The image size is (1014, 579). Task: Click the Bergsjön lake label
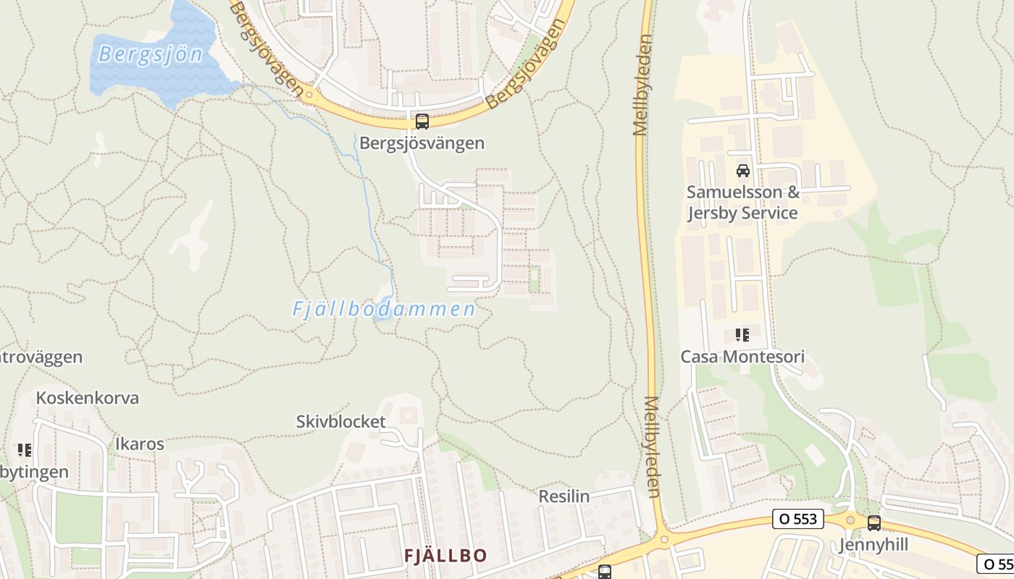(151, 54)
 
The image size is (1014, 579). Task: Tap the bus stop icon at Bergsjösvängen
(422, 122)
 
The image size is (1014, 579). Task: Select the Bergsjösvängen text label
(422, 143)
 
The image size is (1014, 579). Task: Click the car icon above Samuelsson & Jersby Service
(742, 171)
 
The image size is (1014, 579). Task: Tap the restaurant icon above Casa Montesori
(742, 335)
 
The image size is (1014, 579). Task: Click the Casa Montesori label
(742, 357)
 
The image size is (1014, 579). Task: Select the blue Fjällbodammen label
(383, 310)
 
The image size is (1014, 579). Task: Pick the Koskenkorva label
(88, 398)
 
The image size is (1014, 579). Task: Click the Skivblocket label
(341, 421)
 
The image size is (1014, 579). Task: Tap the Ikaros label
(140, 444)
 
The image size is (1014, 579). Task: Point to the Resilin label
(564, 496)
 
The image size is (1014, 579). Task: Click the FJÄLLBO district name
(445, 556)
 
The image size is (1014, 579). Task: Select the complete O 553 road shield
(798, 519)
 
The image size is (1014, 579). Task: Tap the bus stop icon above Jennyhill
(874, 523)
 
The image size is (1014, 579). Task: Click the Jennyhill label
(873, 545)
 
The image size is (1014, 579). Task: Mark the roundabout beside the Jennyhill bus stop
(850, 520)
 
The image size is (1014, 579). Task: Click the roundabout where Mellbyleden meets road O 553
(663, 538)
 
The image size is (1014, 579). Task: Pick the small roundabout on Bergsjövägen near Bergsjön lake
(309, 94)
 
